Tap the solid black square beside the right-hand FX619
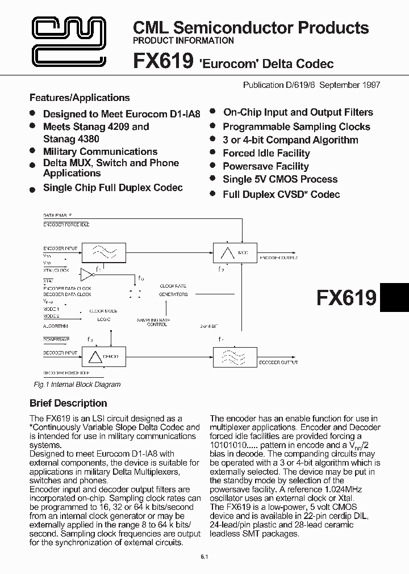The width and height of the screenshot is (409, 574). (x=394, y=297)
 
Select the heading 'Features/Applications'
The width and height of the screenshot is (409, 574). (x=80, y=98)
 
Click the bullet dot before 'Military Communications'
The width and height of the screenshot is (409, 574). (x=33, y=151)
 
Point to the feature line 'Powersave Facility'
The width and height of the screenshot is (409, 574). (x=265, y=166)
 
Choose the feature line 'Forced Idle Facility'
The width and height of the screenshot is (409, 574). (x=266, y=153)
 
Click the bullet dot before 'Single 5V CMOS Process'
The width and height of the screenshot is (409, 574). (x=212, y=179)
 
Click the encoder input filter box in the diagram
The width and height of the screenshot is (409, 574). (x=105, y=251)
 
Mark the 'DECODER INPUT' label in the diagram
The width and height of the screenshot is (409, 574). (x=60, y=353)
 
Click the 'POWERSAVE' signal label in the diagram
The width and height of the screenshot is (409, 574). (x=56, y=339)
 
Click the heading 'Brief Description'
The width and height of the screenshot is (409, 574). (x=68, y=403)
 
